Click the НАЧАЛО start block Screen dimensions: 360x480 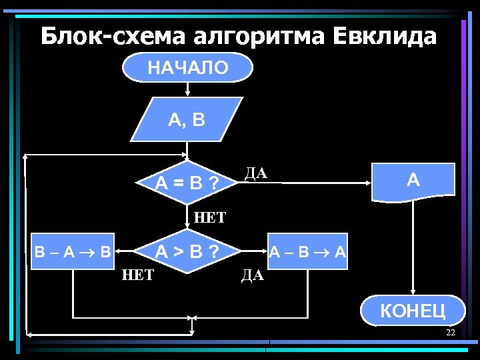(187, 67)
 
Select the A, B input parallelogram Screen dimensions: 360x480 (187, 121)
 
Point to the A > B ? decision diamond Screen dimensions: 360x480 (187, 253)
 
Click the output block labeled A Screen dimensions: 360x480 (413, 181)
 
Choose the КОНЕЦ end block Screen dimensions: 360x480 (412, 310)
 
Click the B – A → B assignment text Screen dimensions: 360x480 (73, 253)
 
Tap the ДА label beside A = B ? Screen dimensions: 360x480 (255, 174)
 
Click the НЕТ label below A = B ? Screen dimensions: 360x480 (210, 217)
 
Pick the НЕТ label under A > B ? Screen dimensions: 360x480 (138, 275)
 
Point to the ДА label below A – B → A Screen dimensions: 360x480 (253, 275)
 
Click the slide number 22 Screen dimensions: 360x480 (451, 332)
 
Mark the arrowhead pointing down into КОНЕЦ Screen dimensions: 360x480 (413, 291)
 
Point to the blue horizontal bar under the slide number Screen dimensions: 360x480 (373, 343)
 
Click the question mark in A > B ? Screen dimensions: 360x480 (213, 253)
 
